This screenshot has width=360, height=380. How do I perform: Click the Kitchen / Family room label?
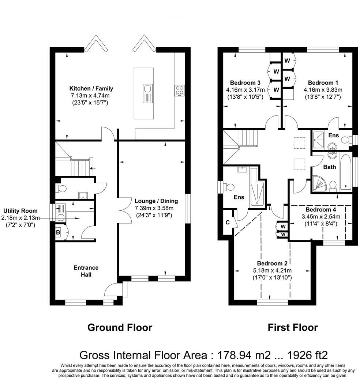coord(91,88)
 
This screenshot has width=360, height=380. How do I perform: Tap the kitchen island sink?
coord(147,89)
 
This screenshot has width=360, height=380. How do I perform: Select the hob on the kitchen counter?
coord(179,90)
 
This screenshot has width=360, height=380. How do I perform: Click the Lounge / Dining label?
coord(156,201)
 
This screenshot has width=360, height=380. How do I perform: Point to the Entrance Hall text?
coord(86,271)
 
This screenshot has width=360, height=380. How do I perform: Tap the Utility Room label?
coord(20,211)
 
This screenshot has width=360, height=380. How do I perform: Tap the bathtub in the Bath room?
coord(345,172)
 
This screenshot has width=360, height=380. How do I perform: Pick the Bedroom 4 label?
coord(320,210)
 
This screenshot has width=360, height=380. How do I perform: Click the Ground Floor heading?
coord(120,327)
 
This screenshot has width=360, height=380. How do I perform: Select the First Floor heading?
coord(293,327)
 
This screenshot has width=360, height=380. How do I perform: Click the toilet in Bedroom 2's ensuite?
coord(229,187)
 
